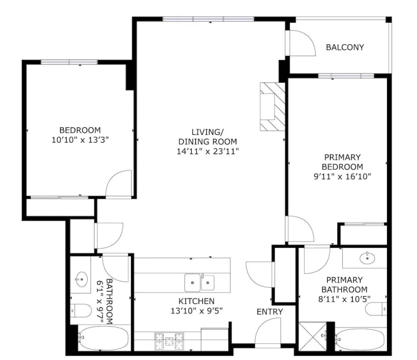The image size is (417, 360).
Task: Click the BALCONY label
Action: [x=345, y=47]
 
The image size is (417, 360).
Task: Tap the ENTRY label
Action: [x=270, y=312]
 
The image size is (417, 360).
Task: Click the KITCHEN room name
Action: [x=196, y=301]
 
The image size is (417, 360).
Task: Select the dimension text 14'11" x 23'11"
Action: [x=208, y=151]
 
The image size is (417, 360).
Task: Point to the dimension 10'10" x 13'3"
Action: [x=80, y=140]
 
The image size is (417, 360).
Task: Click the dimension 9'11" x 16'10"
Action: [x=342, y=176]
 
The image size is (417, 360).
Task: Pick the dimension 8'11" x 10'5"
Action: [x=344, y=299]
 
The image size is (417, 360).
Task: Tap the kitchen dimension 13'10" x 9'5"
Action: [x=196, y=311]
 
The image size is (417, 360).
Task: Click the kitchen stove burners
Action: [x=169, y=341]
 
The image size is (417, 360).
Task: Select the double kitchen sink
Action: [x=199, y=283]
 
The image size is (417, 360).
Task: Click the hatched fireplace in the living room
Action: [x=273, y=106]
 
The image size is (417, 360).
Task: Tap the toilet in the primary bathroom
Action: [x=376, y=309]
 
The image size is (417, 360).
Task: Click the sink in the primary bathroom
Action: [x=367, y=257]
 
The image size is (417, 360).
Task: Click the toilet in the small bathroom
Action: [x=81, y=311]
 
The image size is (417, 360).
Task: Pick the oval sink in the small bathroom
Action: [x=81, y=279]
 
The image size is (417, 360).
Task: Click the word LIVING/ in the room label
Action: [x=208, y=132]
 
